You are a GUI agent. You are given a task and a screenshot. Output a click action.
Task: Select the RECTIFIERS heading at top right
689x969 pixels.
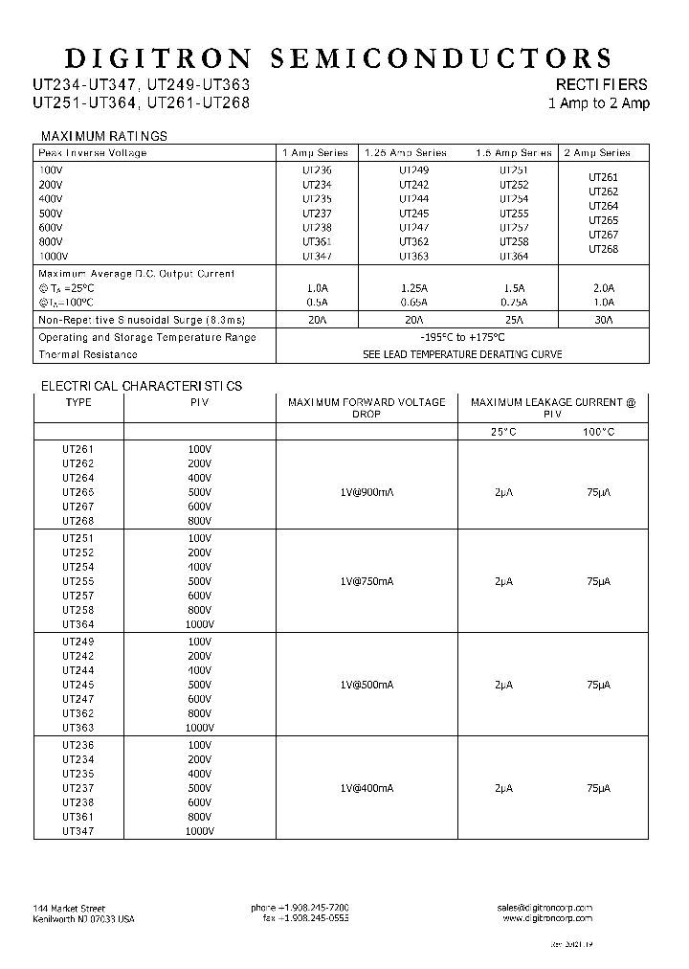602,84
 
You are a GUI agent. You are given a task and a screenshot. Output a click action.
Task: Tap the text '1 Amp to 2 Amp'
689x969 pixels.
598,103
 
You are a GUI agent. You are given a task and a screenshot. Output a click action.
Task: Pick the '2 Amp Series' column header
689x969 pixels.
598,152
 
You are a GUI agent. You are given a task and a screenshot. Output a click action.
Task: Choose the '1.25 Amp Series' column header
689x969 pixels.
406,152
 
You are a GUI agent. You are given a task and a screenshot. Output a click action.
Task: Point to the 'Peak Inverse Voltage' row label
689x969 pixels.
93,152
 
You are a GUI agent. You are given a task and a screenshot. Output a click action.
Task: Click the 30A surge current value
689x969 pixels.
603,320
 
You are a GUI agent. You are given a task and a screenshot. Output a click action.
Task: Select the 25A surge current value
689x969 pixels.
513,320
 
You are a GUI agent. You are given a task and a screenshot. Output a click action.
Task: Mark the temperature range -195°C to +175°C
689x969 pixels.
462,337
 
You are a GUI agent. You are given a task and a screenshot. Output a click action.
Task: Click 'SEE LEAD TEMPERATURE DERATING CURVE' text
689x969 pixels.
462,354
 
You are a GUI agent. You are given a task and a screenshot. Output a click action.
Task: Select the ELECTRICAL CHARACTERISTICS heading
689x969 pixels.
141,386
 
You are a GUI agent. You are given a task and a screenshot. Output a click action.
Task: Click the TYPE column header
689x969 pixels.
78,402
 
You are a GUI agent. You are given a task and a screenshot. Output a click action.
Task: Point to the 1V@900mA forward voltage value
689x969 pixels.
367,492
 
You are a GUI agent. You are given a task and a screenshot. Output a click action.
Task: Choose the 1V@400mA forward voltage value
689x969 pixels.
367,788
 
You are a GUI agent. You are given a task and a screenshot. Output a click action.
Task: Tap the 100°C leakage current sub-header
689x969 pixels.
599,432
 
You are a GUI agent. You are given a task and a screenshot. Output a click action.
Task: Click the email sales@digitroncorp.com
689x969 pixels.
545,907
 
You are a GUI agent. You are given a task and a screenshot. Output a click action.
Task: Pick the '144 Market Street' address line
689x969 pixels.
69,908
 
